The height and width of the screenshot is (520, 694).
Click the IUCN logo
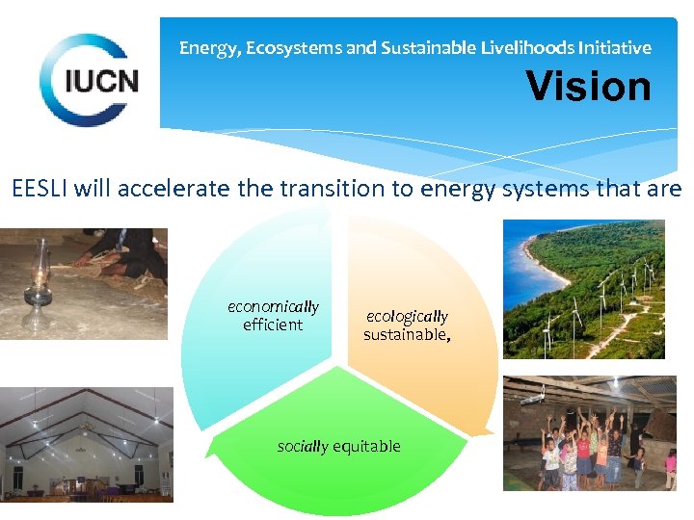[x=89, y=80]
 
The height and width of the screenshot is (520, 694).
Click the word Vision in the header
[x=588, y=87]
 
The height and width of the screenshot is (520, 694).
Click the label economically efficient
[x=273, y=316]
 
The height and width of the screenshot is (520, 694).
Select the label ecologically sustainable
[x=407, y=325]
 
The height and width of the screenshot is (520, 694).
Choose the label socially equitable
[x=338, y=447]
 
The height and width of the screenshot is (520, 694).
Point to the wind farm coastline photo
[x=584, y=289]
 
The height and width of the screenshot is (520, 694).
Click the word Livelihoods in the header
[x=489, y=47]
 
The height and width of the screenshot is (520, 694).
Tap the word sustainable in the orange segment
[x=404, y=335]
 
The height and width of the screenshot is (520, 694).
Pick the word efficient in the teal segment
[x=273, y=325]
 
